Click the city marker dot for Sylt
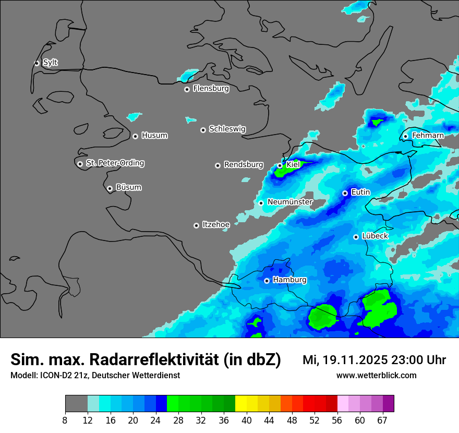[37, 63]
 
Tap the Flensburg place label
[211, 89]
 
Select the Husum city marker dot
[135, 136]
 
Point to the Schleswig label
[227, 129]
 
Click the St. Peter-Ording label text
[115, 163]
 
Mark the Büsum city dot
[110, 188]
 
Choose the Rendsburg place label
[244, 165]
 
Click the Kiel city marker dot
[280, 165]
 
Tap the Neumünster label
[290, 202]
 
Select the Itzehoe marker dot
[196, 225]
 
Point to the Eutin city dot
[345, 193]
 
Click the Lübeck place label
[375, 236]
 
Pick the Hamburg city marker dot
[267, 281]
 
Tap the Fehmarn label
[428, 136]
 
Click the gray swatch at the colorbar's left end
[76, 404]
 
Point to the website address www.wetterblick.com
[376, 375]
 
